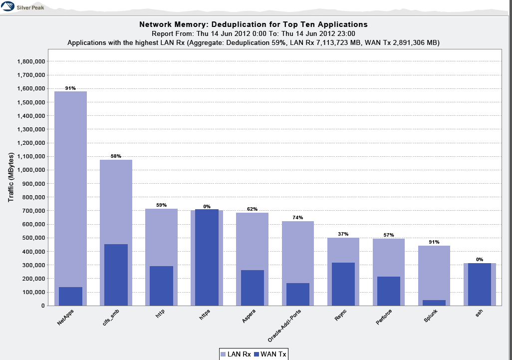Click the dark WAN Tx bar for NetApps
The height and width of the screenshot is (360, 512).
[70, 296]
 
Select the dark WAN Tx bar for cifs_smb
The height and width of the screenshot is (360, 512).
[116, 275]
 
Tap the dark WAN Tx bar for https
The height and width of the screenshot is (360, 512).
[207, 257]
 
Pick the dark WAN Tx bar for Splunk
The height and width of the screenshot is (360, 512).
[434, 303]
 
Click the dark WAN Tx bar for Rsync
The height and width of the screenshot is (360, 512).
[343, 284]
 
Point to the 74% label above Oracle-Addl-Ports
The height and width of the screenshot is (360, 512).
[297, 218]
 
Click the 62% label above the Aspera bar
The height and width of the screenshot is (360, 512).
[252, 209]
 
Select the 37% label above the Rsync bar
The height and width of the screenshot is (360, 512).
[343, 234]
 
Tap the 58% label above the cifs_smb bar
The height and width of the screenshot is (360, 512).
[116, 156]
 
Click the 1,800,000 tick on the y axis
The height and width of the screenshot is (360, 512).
[31, 61]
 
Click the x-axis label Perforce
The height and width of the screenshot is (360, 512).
[384, 318]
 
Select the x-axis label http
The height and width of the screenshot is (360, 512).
[160, 315]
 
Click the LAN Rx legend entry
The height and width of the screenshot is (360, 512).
[236, 355]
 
